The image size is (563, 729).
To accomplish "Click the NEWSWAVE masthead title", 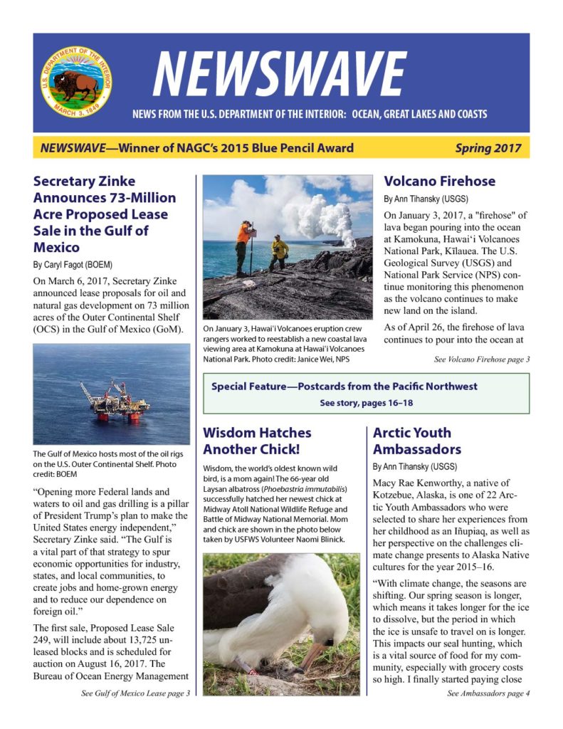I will pos(279,76).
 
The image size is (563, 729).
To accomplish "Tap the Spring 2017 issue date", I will pos(488,148).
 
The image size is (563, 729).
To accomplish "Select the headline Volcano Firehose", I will pos(439,181).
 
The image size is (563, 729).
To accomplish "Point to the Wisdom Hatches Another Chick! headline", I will pos(257,441).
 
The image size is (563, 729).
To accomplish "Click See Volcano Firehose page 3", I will pos(481,360).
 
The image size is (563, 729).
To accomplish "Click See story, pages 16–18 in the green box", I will pos(366,402).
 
